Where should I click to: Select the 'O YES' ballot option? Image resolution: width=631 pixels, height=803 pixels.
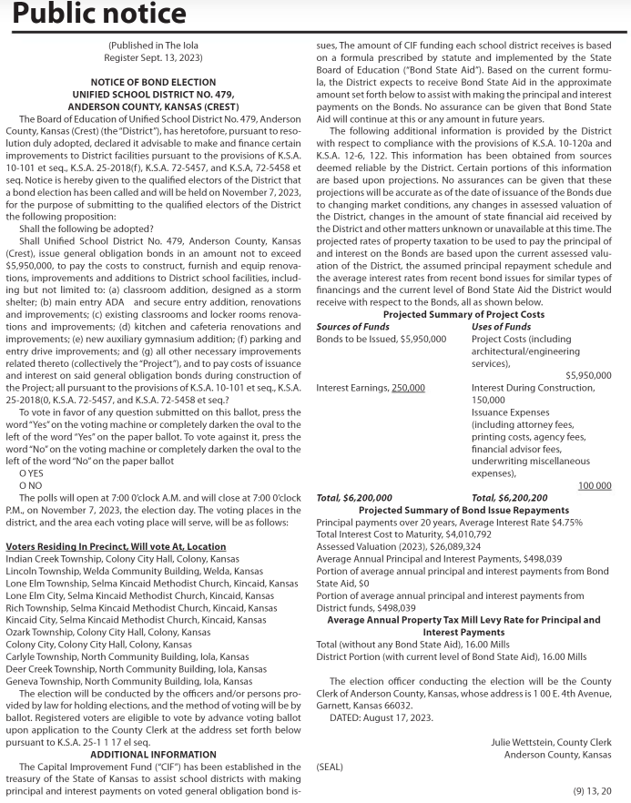click(x=31, y=473)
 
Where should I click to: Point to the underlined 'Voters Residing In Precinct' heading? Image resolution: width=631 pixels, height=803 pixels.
click(x=116, y=546)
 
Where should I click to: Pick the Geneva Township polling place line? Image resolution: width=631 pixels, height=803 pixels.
click(x=128, y=681)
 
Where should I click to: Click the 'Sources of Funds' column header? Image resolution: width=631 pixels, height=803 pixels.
click(x=352, y=326)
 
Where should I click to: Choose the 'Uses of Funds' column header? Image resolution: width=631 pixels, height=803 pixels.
click(x=501, y=326)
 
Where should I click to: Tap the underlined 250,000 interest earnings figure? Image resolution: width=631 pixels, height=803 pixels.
click(x=408, y=388)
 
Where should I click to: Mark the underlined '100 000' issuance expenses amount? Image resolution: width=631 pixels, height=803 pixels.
click(x=595, y=486)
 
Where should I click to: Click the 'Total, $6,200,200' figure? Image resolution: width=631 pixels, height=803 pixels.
click(x=509, y=498)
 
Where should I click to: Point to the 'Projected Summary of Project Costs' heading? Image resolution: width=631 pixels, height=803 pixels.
click(x=463, y=314)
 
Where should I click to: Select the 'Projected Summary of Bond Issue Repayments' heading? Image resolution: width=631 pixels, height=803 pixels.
click(x=463, y=510)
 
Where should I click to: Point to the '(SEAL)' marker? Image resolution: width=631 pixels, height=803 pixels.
click(x=330, y=767)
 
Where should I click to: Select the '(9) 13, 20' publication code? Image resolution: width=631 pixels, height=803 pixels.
click(x=593, y=791)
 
